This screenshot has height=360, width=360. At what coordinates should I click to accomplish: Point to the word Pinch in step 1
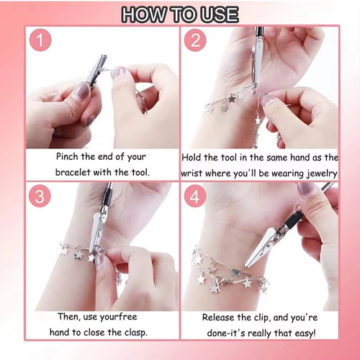[70, 156]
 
